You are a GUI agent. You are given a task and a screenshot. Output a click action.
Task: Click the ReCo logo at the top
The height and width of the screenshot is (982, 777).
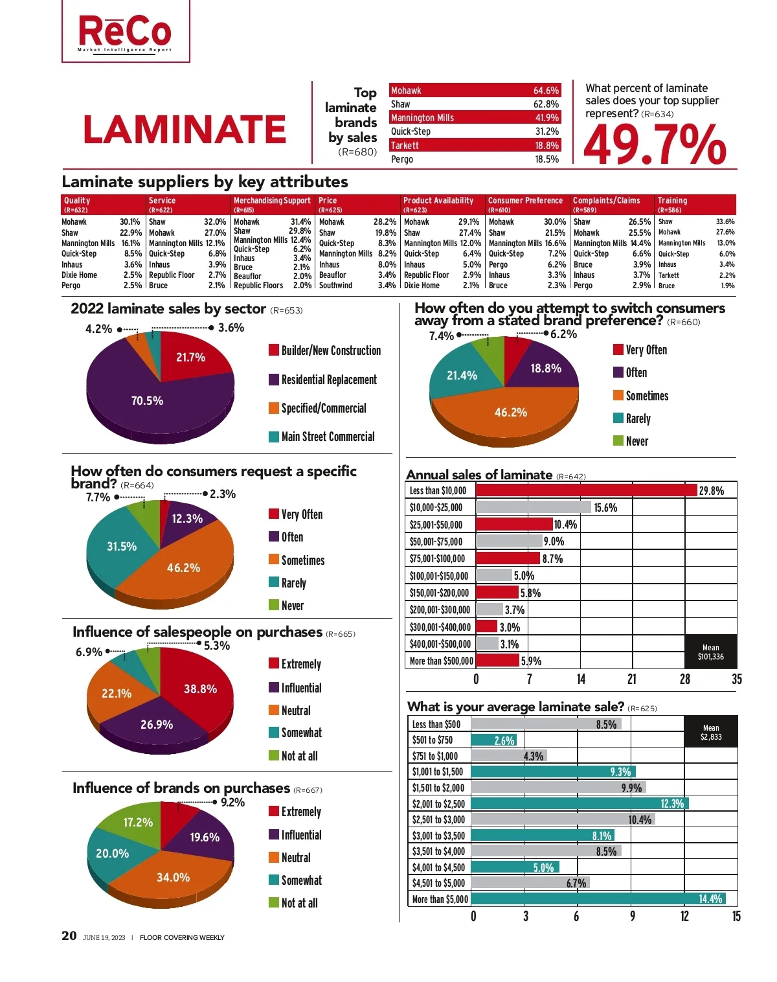click(x=126, y=32)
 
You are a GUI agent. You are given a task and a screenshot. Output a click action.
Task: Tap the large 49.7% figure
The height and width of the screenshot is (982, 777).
click(x=655, y=144)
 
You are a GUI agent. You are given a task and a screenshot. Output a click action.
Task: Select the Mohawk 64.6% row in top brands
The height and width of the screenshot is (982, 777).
click(x=475, y=91)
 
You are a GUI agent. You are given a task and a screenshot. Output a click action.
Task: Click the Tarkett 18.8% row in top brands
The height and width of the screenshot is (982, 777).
click(x=475, y=146)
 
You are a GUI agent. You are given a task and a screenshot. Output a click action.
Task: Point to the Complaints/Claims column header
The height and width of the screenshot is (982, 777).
click(x=612, y=204)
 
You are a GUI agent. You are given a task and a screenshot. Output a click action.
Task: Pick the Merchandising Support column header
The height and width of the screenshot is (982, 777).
click(x=273, y=204)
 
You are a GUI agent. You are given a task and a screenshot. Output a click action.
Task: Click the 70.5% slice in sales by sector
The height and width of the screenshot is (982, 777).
click(x=148, y=401)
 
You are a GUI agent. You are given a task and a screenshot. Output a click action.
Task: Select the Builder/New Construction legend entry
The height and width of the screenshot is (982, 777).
click(x=324, y=350)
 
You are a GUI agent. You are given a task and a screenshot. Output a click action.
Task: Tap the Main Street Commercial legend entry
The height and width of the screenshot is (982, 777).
click(x=321, y=437)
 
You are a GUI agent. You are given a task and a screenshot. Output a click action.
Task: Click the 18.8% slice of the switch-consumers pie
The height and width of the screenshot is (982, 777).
click(x=545, y=368)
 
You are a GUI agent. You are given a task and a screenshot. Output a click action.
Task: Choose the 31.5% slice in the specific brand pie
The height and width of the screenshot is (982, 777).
click(x=122, y=546)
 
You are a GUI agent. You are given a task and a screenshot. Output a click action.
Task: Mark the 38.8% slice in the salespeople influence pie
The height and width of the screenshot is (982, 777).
click(x=200, y=689)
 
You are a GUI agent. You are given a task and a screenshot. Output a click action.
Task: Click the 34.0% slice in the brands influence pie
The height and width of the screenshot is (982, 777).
click(x=173, y=877)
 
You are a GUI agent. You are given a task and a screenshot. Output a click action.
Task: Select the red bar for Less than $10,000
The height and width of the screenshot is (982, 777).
click(x=586, y=490)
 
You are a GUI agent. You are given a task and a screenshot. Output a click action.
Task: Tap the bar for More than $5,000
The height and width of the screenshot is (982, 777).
click(x=598, y=899)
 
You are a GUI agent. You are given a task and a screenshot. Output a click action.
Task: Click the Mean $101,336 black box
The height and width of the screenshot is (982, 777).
click(x=710, y=652)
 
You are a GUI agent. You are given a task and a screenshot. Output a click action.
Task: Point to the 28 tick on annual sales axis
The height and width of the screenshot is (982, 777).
click(x=684, y=679)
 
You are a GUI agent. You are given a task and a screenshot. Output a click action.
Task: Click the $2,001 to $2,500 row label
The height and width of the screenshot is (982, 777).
click(x=438, y=804)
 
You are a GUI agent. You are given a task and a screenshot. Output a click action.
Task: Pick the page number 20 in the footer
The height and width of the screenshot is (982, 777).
click(x=69, y=936)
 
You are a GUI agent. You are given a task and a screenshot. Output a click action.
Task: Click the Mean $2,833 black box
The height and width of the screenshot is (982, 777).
click(x=710, y=732)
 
